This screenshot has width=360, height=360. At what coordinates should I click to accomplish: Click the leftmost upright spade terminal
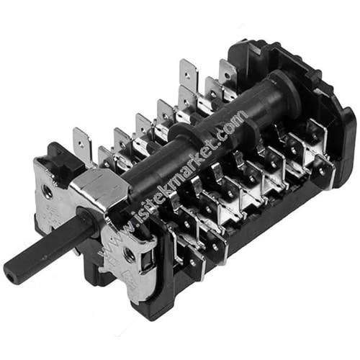click(82, 144)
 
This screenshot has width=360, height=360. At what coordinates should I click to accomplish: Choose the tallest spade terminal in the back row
click(189, 74)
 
